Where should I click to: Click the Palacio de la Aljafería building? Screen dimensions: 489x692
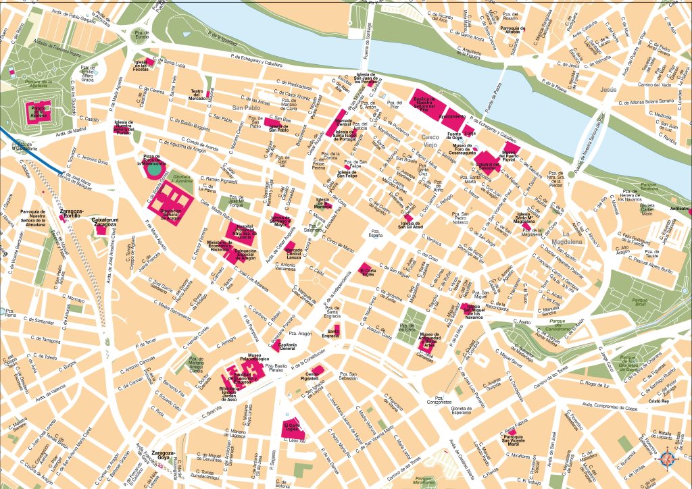[x=37, y=111]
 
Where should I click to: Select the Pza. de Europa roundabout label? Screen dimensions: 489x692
[x=141, y=55]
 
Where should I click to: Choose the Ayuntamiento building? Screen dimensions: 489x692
[x=452, y=117]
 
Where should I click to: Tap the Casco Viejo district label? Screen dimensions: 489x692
[x=430, y=140]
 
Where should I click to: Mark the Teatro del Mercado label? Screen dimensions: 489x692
[x=197, y=94]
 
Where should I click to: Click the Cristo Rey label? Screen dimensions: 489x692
[x=658, y=401]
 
